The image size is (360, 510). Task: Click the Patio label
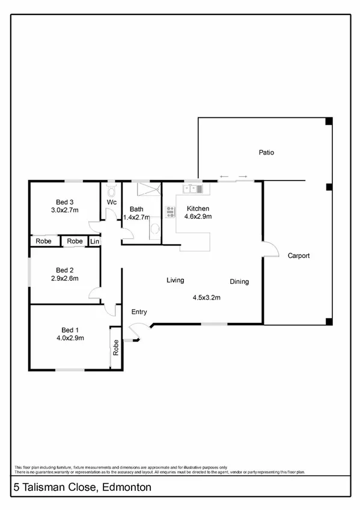[x=266, y=153]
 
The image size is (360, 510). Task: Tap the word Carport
[x=298, y=256]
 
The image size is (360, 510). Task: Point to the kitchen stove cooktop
[x=169, y=211]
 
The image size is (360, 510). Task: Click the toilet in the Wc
[x=111, y=187]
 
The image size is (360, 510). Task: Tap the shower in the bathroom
[x=148, y=189]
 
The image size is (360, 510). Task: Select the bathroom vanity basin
[x=154, y=228]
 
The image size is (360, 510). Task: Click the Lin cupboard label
[x=94, y=241]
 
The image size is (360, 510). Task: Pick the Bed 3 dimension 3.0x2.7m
[x=66, y=210]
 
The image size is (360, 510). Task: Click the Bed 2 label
[x=64, y=270]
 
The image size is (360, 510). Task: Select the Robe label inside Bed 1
[x=115, y=348]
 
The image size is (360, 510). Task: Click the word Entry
[x=139, y=312]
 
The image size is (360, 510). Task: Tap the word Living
[x=175, y=280]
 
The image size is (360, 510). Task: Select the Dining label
[x=239, y=281]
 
